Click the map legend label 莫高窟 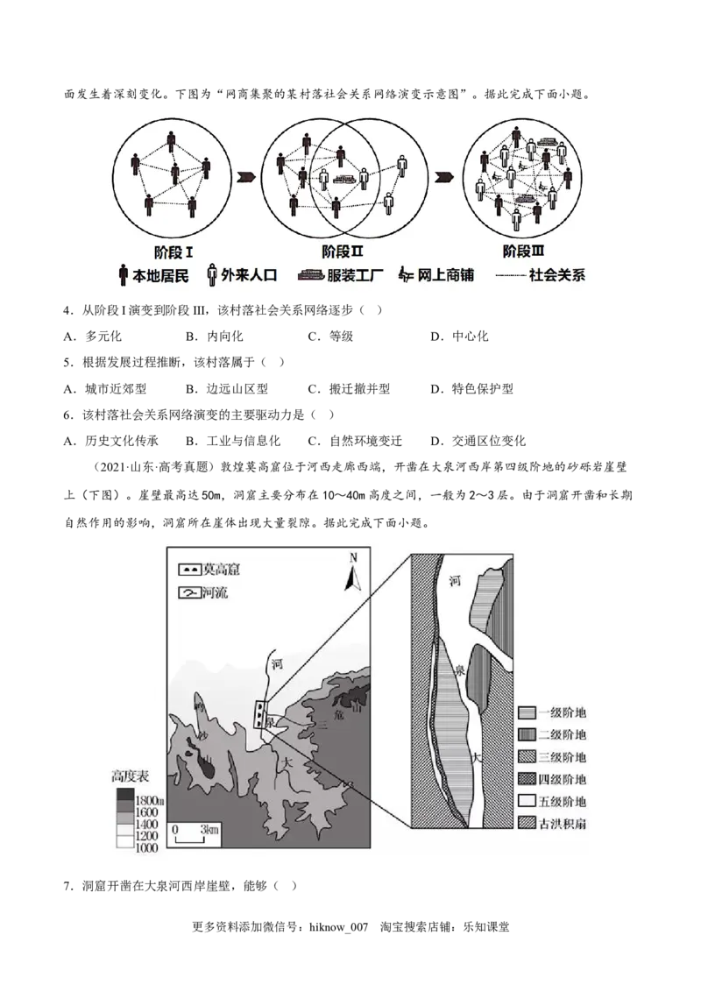click(x=219, y=570)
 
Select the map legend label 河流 click(x=213, y=592)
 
